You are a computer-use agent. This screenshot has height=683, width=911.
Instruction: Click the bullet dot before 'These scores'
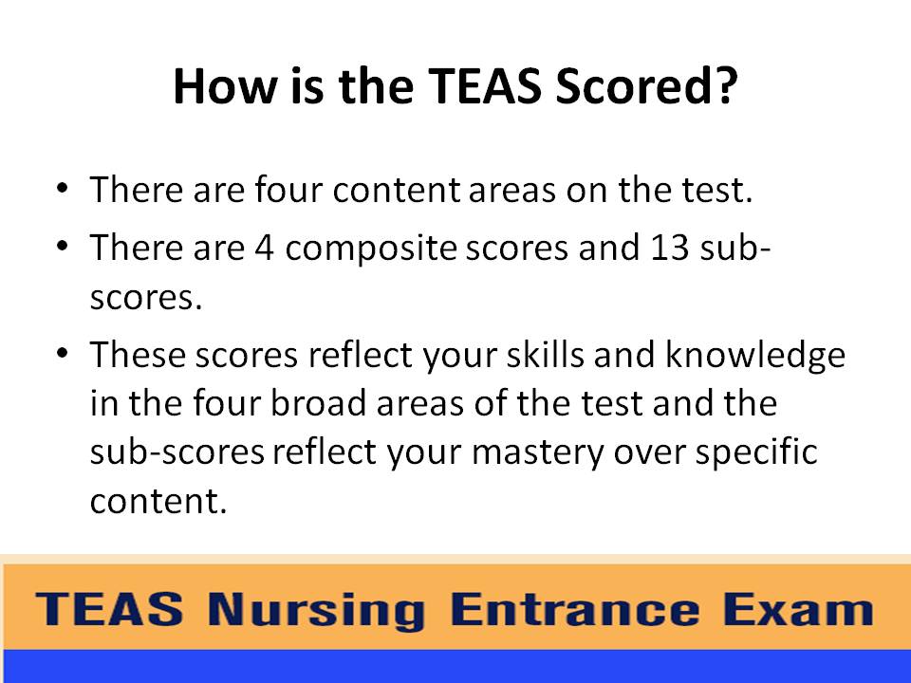63,353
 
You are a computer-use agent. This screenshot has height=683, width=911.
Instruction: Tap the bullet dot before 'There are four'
63,187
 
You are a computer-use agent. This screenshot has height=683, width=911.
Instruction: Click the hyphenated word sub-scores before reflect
177,452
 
